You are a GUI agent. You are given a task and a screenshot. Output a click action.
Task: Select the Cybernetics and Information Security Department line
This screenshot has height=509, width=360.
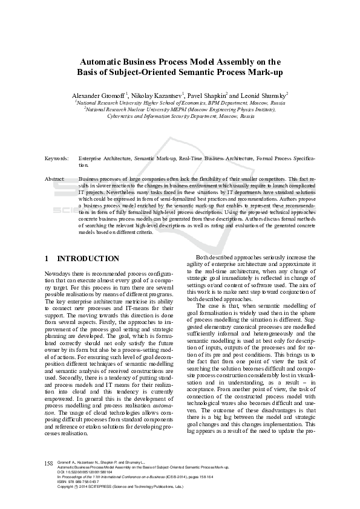point(180,116)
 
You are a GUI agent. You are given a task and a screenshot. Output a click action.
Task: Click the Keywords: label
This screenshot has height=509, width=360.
point(56,157)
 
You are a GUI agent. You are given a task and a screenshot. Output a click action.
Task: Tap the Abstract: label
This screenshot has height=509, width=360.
point(55,180)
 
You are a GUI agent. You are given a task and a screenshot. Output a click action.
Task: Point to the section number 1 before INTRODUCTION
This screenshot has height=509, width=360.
point(47,258)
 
